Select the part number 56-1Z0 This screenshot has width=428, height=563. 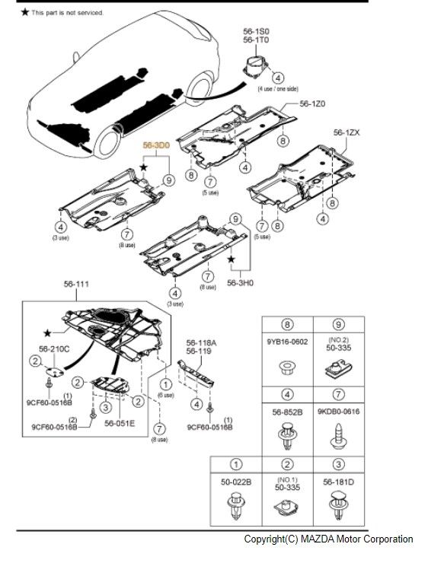coord(312,103)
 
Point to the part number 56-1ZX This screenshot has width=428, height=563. coord(347,132)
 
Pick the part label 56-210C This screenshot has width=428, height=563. coord(54,348)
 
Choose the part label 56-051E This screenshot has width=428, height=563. coord(120,423)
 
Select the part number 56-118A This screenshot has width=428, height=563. coord(203,343)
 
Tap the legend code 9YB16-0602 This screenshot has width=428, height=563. coord(289,342)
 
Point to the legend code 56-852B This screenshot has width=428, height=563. coord(288,412)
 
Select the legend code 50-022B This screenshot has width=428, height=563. coord(236,482)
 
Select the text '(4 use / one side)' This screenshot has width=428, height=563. coord(278,89)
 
